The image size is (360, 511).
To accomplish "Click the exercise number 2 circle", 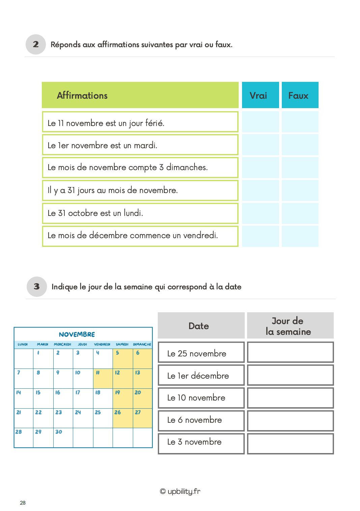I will point(36,44).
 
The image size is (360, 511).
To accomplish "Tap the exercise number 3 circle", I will point(37,287).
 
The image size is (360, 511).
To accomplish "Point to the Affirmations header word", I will point(82,96).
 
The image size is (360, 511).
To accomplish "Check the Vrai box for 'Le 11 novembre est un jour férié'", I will point(260,122).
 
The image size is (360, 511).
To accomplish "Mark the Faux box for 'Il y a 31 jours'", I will point(300,190).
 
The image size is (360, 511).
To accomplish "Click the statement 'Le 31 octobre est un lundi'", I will point(95,213).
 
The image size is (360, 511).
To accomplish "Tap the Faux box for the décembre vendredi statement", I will point(300,236).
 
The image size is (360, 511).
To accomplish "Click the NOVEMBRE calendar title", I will point(77,334).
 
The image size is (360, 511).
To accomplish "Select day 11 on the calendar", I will point(102,378).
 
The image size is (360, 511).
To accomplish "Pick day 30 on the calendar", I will point(63,437).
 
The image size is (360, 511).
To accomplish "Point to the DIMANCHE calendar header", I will point(142,344).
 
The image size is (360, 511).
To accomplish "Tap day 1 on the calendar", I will point(43,358).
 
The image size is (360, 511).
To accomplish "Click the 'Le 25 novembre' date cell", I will point(201,352).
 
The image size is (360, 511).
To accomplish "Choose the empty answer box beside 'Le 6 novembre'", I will point(290,420).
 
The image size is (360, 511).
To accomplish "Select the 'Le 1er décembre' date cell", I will point(201,375).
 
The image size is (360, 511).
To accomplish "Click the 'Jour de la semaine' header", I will point(290,326).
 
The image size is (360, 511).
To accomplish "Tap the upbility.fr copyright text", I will point(180,491).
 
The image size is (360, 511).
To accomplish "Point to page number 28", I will point(23,503).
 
